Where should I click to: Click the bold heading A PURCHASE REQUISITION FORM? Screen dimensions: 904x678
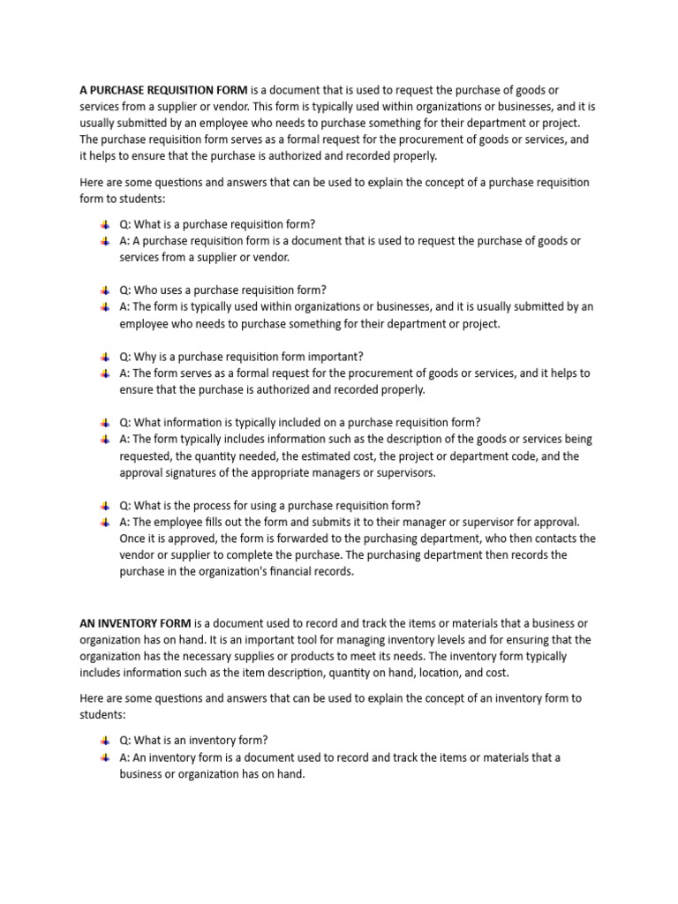[164, 91]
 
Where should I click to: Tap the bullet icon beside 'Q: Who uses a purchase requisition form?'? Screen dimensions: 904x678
[106, 290]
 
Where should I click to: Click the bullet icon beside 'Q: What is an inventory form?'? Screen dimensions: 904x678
[106, 741]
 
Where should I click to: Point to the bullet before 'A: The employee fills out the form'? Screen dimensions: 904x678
[106, 522]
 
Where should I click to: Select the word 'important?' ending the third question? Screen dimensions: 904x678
[335, 357]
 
